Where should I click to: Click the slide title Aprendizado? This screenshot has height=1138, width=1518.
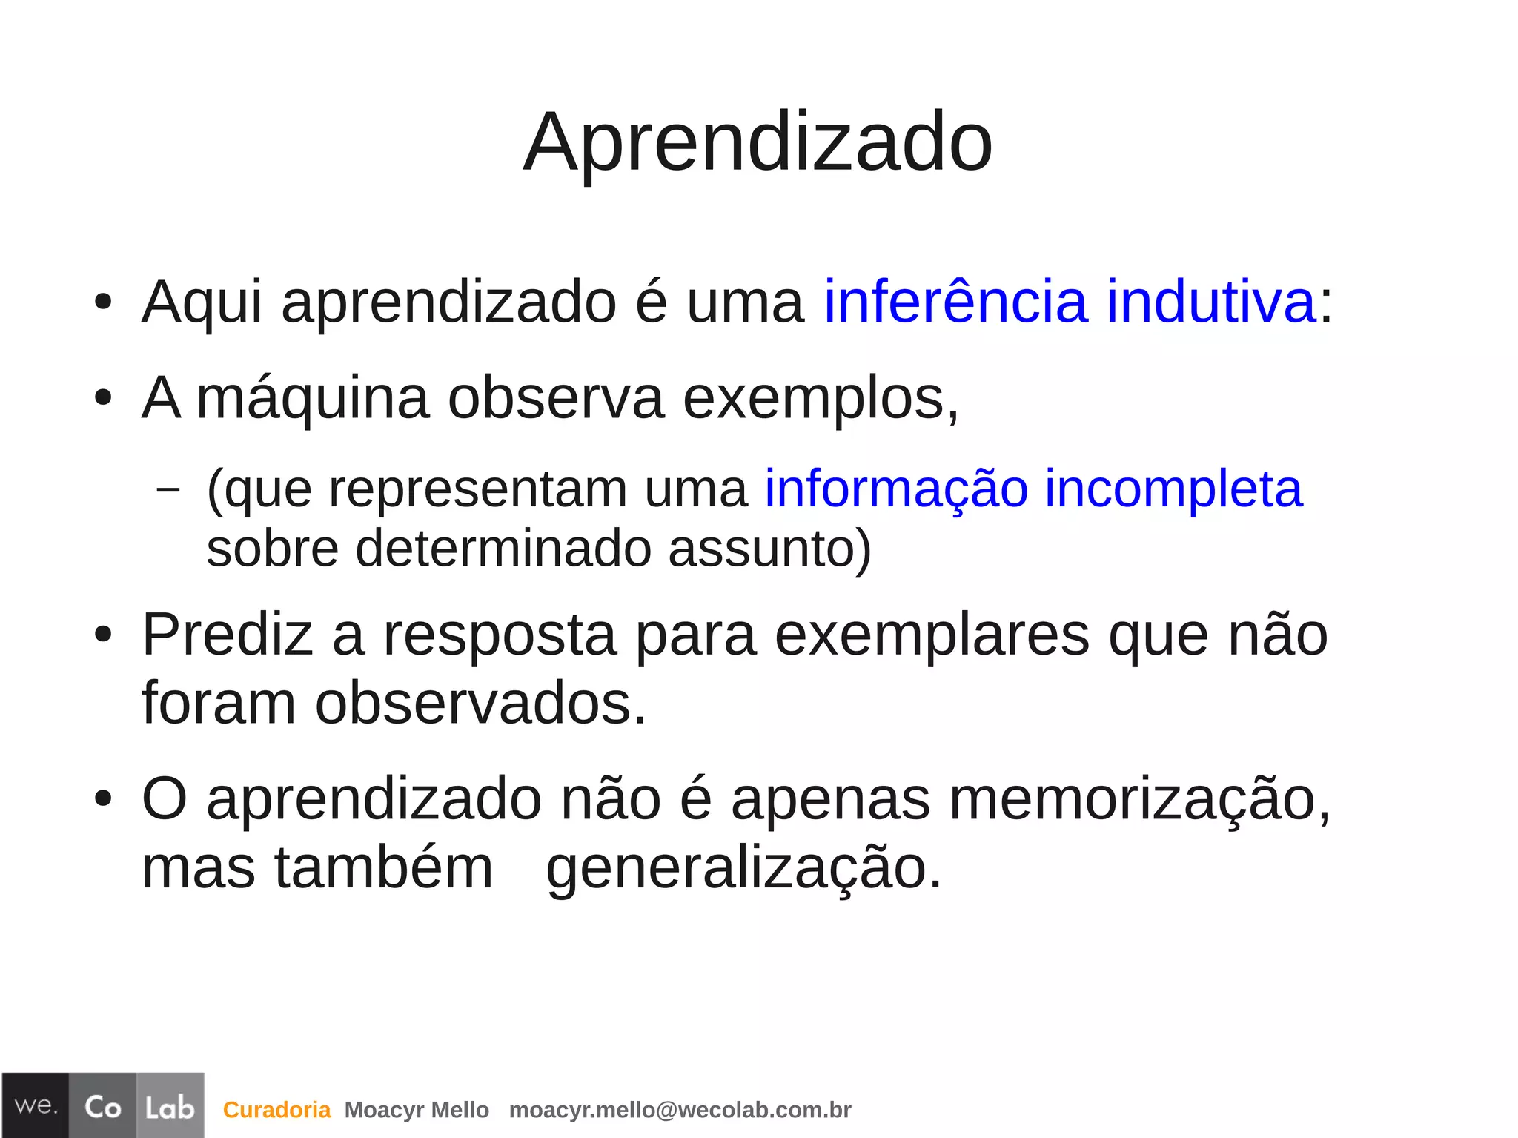[758, 142]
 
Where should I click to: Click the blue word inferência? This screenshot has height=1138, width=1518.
[955, 302]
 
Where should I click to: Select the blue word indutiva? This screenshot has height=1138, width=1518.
[1211, 302]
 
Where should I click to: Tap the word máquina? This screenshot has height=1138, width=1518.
[313, 399]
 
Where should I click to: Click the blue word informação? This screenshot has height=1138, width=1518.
[896, 489]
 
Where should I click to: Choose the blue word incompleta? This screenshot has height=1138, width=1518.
[1173, 489]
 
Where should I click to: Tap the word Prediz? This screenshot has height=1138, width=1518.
[227, 635]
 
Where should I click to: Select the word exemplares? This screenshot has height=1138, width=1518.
[932, 635]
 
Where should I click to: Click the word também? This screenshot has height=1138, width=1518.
[384, 867]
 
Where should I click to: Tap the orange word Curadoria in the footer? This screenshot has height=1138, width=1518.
[276, 1109]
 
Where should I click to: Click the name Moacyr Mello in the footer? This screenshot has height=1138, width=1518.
[417, 1109]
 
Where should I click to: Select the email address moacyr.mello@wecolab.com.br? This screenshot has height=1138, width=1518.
[680, 1109]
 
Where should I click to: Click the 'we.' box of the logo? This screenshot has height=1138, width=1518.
[36, 1105]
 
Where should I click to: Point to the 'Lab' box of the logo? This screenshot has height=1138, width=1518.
[170, 1105]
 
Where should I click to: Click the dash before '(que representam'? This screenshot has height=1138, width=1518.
[169, 489]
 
